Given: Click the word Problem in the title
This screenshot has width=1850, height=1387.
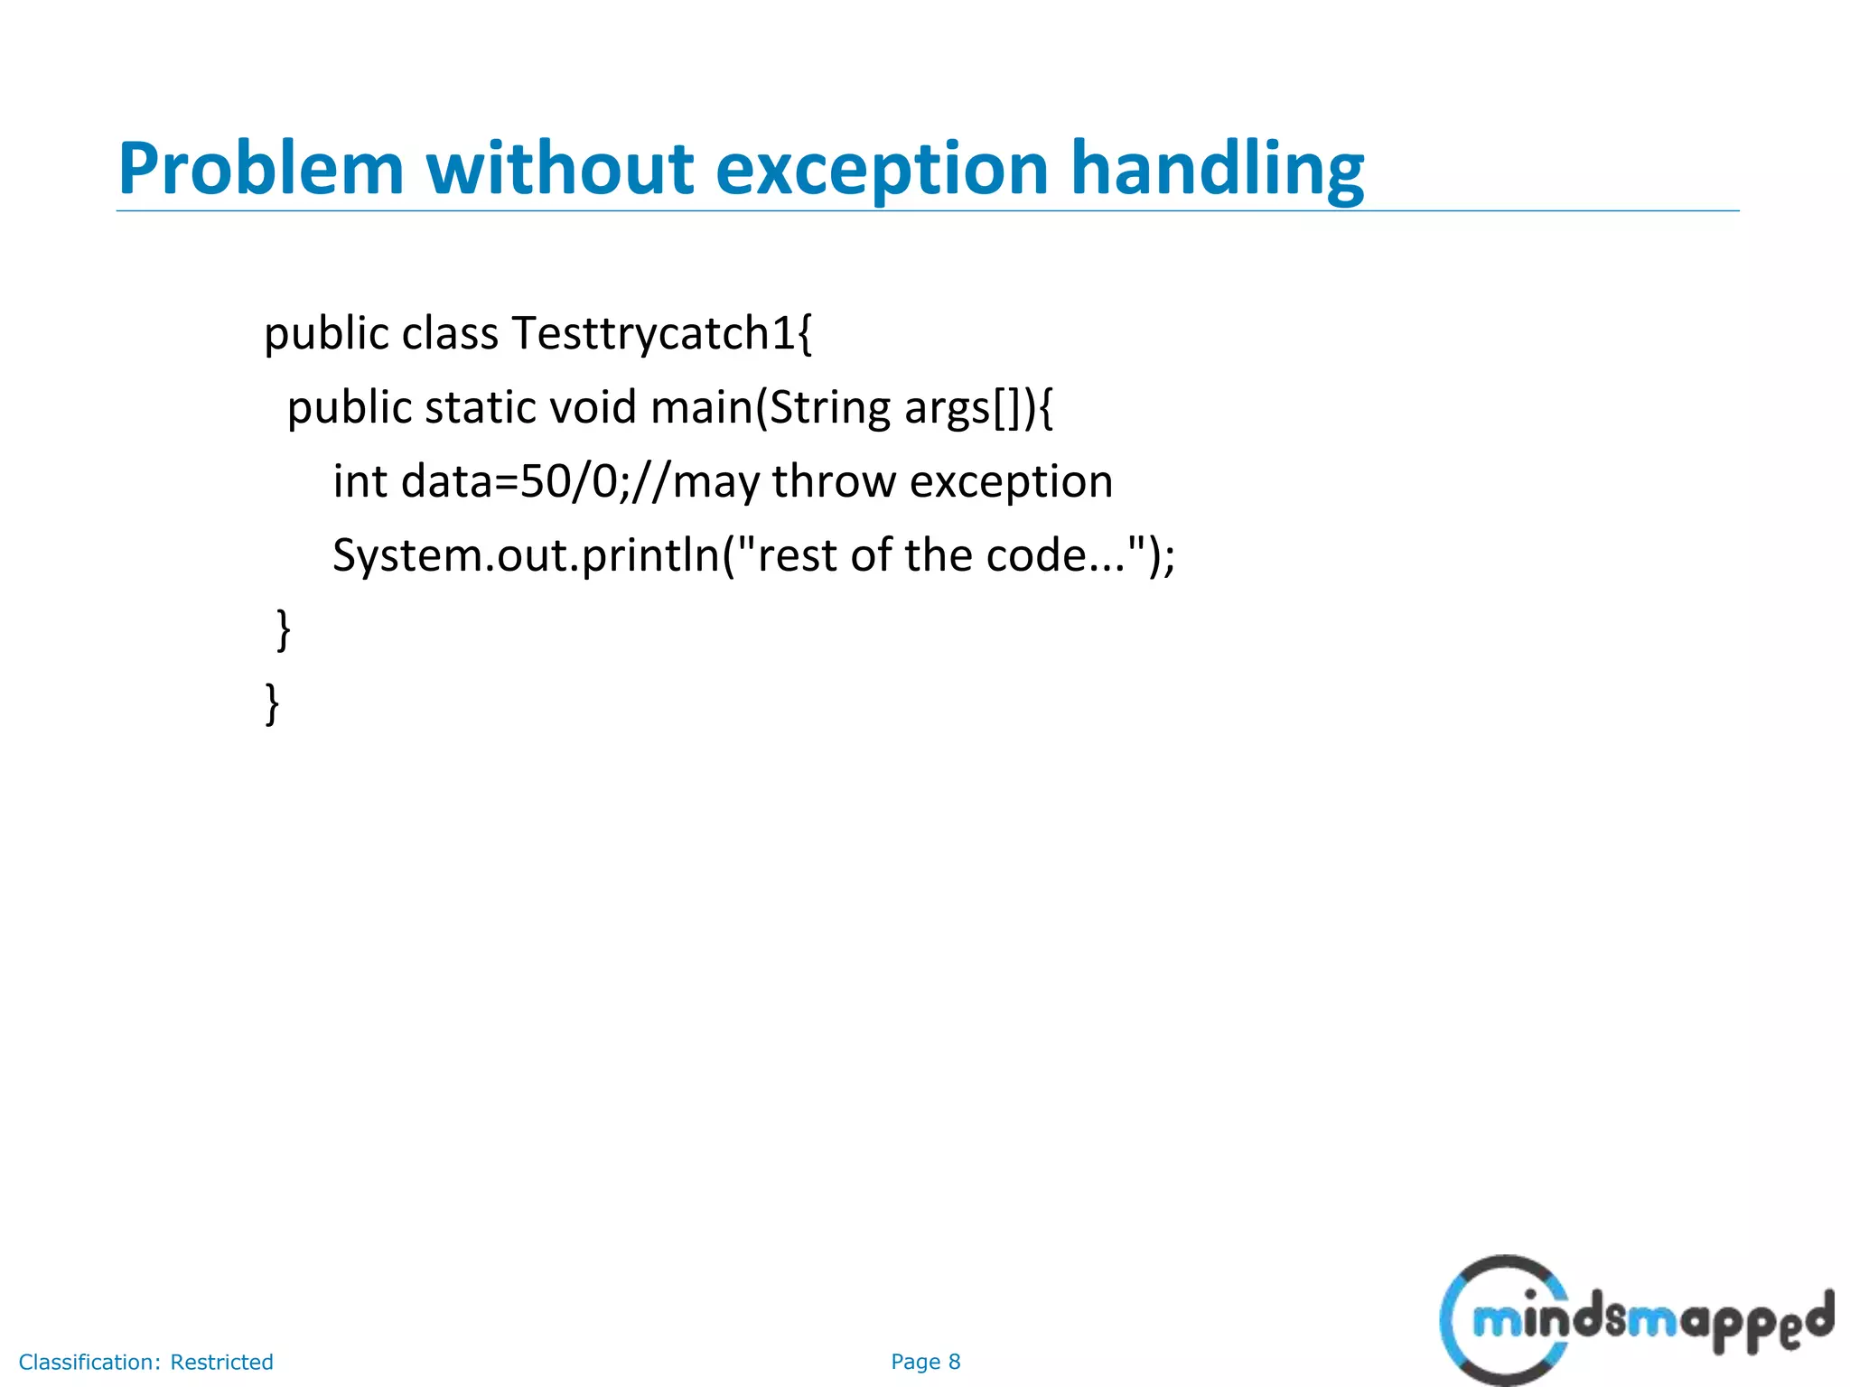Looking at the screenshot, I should [260, 170].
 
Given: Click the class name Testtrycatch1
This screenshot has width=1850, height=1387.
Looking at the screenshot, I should [661, 333].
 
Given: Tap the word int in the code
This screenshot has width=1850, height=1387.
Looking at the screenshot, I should [360, 481].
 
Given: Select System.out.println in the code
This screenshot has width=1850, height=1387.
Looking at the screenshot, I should [525, 555].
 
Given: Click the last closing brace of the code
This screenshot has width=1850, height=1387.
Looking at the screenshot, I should [272, 703].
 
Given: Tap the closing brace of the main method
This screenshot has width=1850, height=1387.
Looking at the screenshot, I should [283, 629].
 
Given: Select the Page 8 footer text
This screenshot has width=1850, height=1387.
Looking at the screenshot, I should [925, 1362].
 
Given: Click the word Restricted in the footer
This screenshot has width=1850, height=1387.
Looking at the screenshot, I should [221, 1362].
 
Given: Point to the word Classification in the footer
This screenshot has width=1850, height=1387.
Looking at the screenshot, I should [89, 1362].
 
